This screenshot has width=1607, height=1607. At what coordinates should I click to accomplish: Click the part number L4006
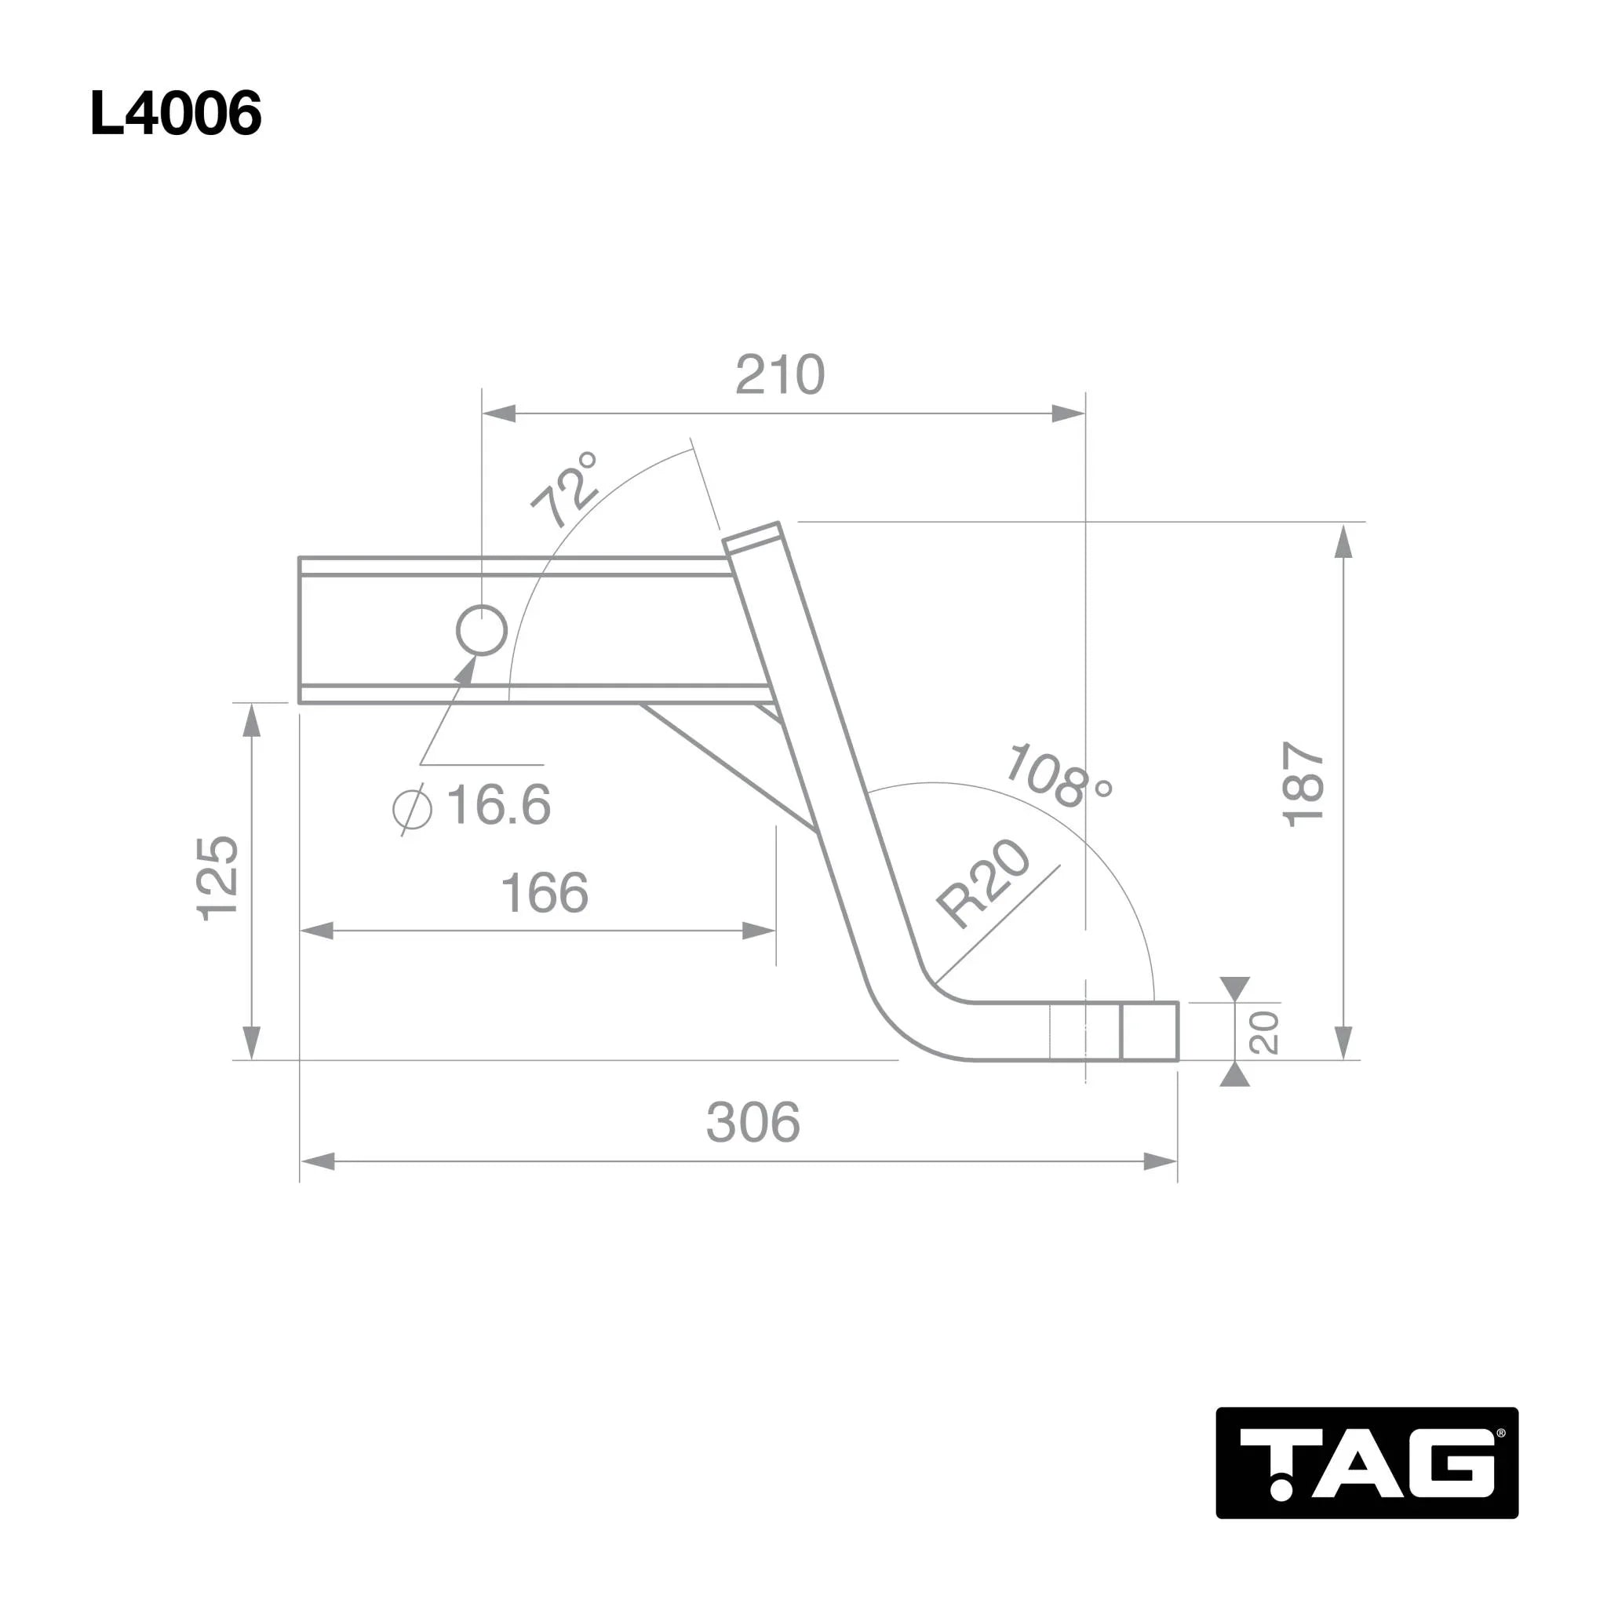pos(176,114)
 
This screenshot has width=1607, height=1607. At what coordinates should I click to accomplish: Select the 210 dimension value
pos(780,375)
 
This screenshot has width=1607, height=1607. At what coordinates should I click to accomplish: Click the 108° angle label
pos(1058,777)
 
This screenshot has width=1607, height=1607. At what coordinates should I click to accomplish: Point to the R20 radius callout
pos(983,884)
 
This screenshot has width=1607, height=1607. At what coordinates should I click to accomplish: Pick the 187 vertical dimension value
pos(1303,785)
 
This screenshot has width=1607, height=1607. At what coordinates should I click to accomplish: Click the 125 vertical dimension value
pos(218,878)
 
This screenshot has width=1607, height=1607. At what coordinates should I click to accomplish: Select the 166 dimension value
pos(545,893)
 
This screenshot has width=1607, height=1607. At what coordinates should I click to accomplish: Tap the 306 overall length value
pos(752,1122)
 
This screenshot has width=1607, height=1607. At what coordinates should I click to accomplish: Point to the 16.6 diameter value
pos(498,804)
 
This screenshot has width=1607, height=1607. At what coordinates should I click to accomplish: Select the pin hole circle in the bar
pos(482,632)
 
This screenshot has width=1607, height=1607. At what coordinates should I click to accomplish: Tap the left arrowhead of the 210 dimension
pos(499,414)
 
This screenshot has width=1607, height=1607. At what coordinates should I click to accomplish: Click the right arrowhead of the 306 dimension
pos(1161,1162)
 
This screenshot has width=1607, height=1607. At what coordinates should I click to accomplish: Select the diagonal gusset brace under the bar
pos(728,767)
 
